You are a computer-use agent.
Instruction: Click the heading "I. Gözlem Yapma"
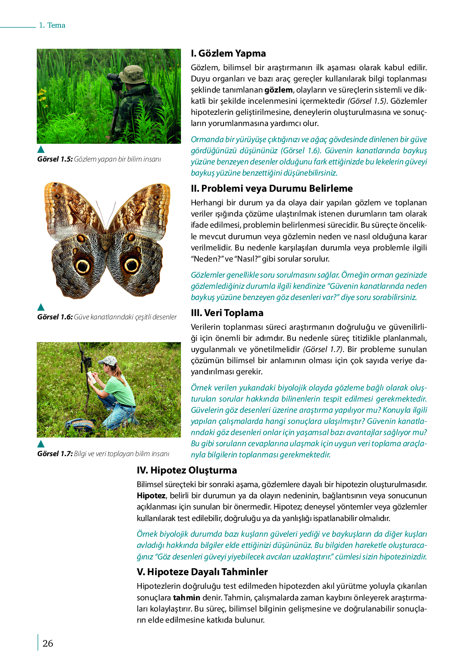(228, 53)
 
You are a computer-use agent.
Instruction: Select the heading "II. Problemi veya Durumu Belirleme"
(271, 188)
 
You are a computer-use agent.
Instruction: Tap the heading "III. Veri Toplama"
(227, 313)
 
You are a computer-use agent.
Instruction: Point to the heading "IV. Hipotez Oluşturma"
(187, 470)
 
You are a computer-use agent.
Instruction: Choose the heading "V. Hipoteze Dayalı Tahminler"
(202, 572)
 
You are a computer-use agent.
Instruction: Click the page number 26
(48, 643)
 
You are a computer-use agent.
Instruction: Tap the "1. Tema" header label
(52, 25)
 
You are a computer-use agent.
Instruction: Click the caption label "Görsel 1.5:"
(55, 159)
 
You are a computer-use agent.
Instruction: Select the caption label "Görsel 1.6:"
(55, 317)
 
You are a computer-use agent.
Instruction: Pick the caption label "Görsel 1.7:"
(55, 454)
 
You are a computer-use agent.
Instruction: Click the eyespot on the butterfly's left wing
(83, 266)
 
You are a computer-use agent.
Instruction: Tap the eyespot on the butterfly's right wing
(132, 265)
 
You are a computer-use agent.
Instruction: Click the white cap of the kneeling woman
(108, 361)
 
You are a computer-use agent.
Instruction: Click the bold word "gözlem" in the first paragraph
(278, 90)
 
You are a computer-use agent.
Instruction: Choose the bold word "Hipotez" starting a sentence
(151, 495)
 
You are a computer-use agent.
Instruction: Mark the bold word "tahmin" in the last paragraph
(186, 597)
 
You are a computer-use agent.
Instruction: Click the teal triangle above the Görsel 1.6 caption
(41, 307)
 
